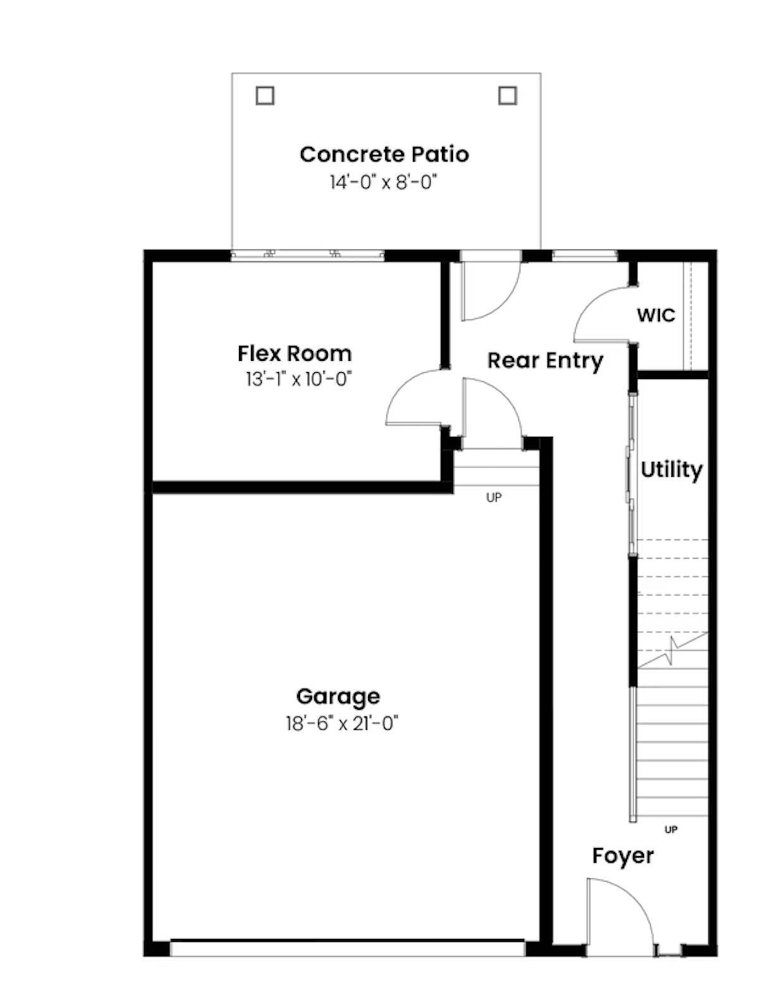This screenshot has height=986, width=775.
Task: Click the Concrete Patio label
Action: point(384,154)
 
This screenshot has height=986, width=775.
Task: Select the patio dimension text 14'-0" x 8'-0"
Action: point(383,182)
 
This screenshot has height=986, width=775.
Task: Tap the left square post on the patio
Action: point(265,96)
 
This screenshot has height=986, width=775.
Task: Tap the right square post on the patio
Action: point(507,96)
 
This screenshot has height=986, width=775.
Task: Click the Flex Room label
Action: point(294,353)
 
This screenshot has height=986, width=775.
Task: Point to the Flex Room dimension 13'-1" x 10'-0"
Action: point(298,379)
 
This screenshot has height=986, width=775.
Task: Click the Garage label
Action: point(338,696)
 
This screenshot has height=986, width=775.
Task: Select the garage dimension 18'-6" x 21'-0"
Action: point(342,723)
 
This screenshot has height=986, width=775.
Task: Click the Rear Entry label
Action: point(545,361)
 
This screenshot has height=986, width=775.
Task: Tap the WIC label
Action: point(655,315)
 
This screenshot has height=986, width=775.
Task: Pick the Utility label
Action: point(671,470)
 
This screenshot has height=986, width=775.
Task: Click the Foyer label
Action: point(623,856)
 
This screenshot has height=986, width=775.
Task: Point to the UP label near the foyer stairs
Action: point(671,829)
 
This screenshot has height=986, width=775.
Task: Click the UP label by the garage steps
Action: point(493,497)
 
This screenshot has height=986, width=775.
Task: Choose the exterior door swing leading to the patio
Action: point(490,288)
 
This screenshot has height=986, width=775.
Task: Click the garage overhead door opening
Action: point(347,948)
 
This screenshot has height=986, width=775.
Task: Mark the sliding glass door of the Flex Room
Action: point(307,255)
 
